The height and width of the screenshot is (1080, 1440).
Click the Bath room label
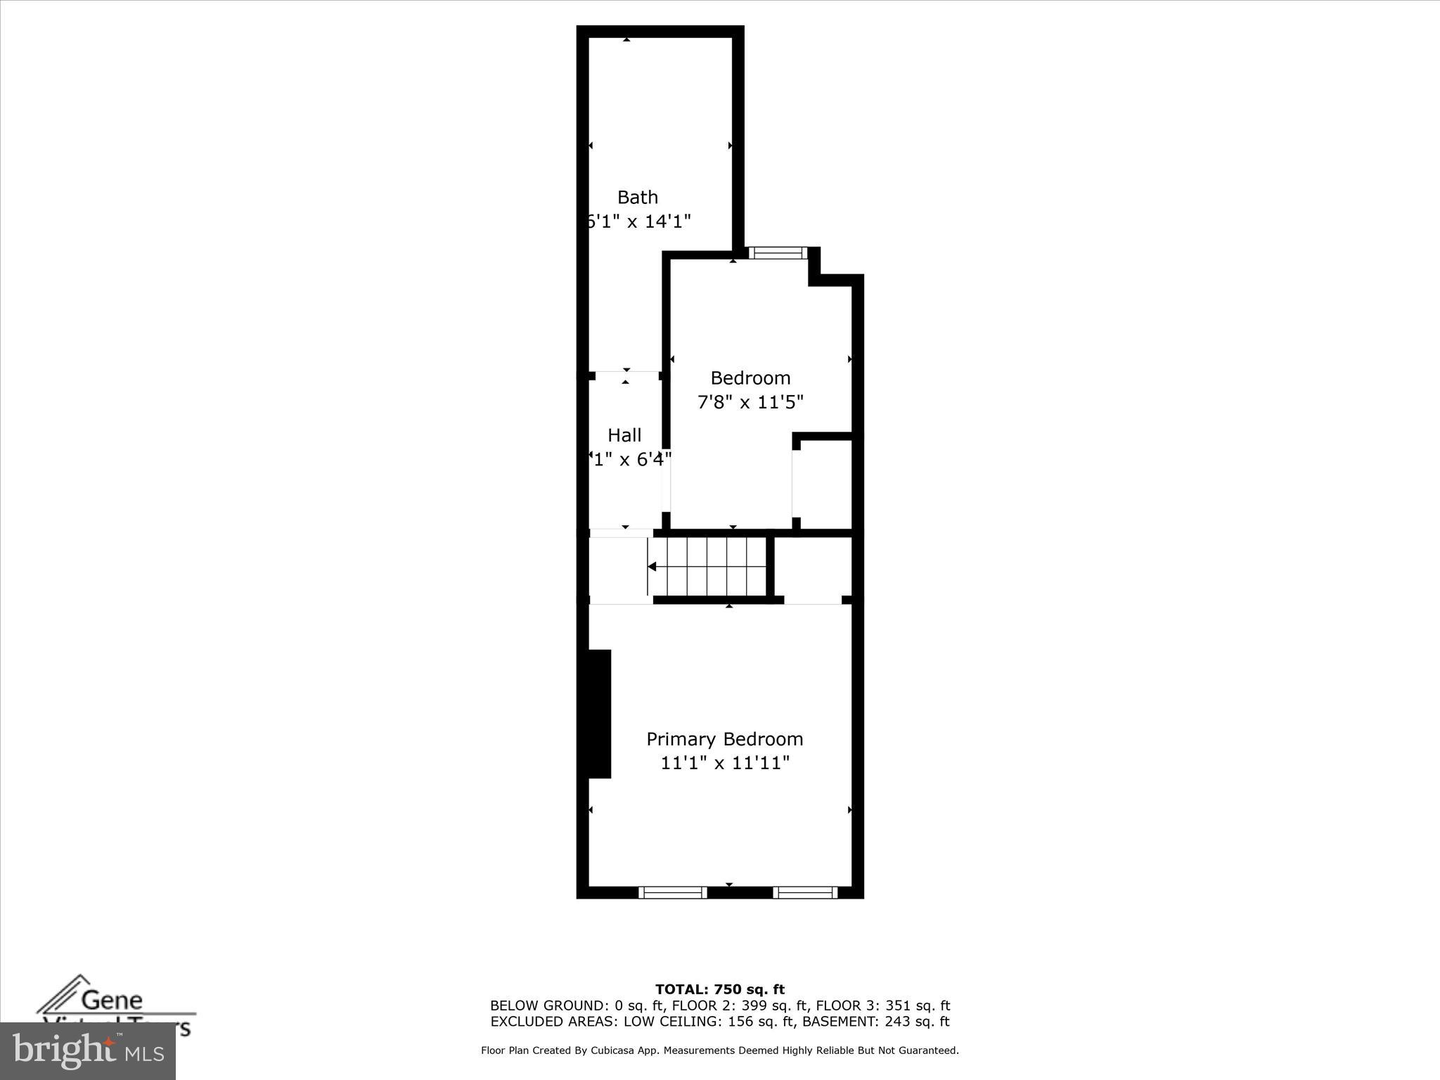pyautogui.click(x=637, y=197)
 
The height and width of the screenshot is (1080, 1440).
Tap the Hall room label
pyautogui.click(x=624, y=435)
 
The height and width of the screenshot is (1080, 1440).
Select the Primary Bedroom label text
pyautogui.click(x=724, y=739)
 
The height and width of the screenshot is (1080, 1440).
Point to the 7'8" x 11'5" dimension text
pyautogui.click(x=750, y=402)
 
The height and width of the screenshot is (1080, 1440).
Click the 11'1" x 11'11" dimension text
pyautogui.click(x=724, y=763)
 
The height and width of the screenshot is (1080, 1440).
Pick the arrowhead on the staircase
pyautogui.click(x=652, y=567)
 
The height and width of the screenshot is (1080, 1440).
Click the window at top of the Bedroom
pyautogui.click(x=777, y=252)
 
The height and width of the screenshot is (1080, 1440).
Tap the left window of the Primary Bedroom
pyautogui.click(x=672, y=892)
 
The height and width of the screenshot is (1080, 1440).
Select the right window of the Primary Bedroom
pyautogui.click(x=805, y=892)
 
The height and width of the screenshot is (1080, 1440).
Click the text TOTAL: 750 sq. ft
pyautogui.click(x=719, y=989)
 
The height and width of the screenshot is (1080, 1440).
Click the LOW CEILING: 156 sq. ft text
pyautogui.click(x=705, y=1022)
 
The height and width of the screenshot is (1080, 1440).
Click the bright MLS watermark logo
pyautogui.click(x=87, y=1051)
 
